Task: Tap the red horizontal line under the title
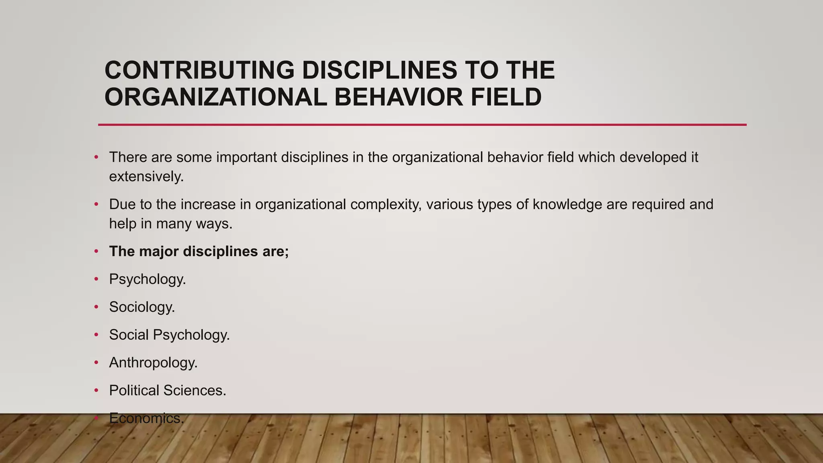[422, 125]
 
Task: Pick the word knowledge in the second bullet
[567, 205]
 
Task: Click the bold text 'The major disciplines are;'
[199, 252]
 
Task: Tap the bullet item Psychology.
[147, 279]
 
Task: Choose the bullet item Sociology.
[142, 307]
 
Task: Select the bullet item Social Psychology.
[169, 335]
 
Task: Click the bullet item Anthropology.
[153, 363]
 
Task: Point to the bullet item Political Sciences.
[168, 390]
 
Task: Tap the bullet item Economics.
[146, 418]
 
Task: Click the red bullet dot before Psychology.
[96, 279]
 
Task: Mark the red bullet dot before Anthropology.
[96, 362]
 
